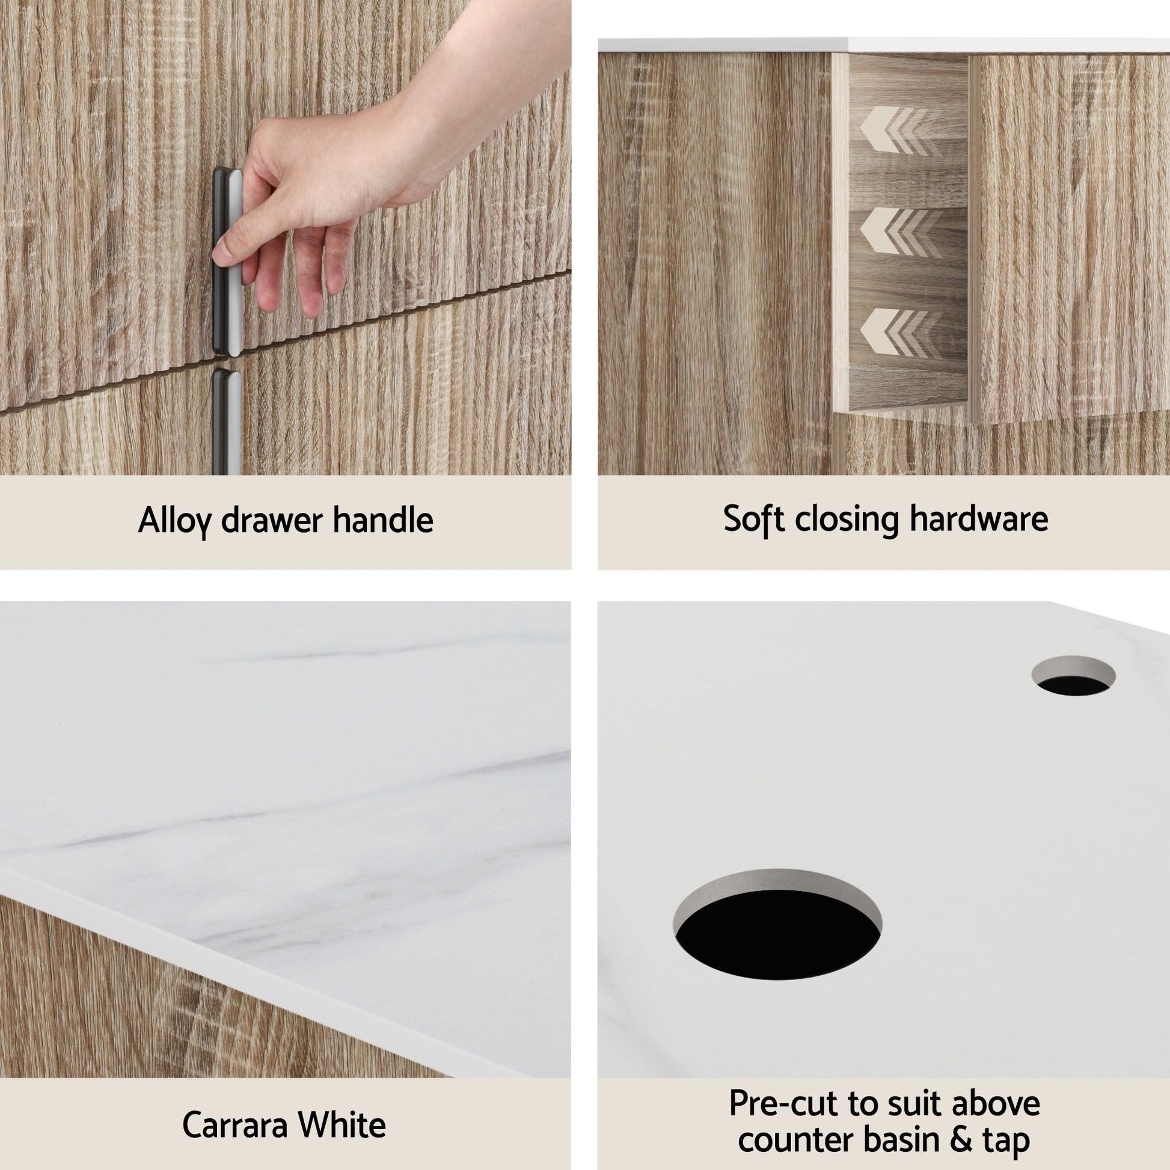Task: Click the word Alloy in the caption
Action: (175, 520)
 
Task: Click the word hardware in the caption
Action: (979, 519)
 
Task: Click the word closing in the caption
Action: (847, 519)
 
